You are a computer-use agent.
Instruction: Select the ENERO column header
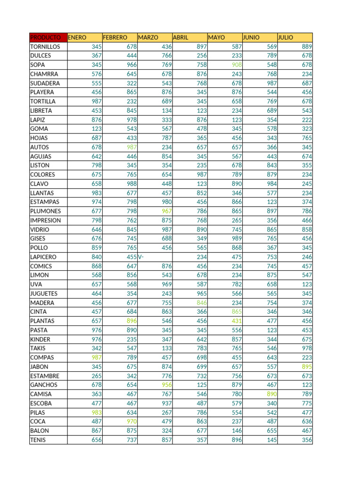tap(77, 37)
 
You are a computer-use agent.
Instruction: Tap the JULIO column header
tap(286, 37)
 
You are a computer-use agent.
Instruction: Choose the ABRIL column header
tap(181, 37)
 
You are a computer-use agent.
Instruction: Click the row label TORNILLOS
tap(45, 47)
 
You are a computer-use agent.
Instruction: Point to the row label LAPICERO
tap(43, 257)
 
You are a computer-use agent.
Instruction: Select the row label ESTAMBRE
tap(45, 376)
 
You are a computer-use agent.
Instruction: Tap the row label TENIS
tap(39, 440)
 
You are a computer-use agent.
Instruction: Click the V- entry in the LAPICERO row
tap(141, 257)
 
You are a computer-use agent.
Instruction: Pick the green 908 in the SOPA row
tap(236, 65)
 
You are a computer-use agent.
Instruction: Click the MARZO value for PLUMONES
tap(166, 211)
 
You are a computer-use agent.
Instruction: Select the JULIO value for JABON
tap(306, 366)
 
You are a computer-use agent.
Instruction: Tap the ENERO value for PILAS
tap(97, 412)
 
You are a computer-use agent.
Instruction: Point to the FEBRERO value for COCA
tap(132, 421)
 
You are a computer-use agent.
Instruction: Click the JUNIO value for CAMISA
tap(271, 394)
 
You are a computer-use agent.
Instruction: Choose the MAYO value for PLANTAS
tap(236, 321)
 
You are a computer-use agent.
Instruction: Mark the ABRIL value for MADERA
tap(201, 303)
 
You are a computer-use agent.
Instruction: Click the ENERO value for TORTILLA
tap(97, 101)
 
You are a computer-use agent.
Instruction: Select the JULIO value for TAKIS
tap(306, 348)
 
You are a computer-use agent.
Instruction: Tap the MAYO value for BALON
tap(236, 430)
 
